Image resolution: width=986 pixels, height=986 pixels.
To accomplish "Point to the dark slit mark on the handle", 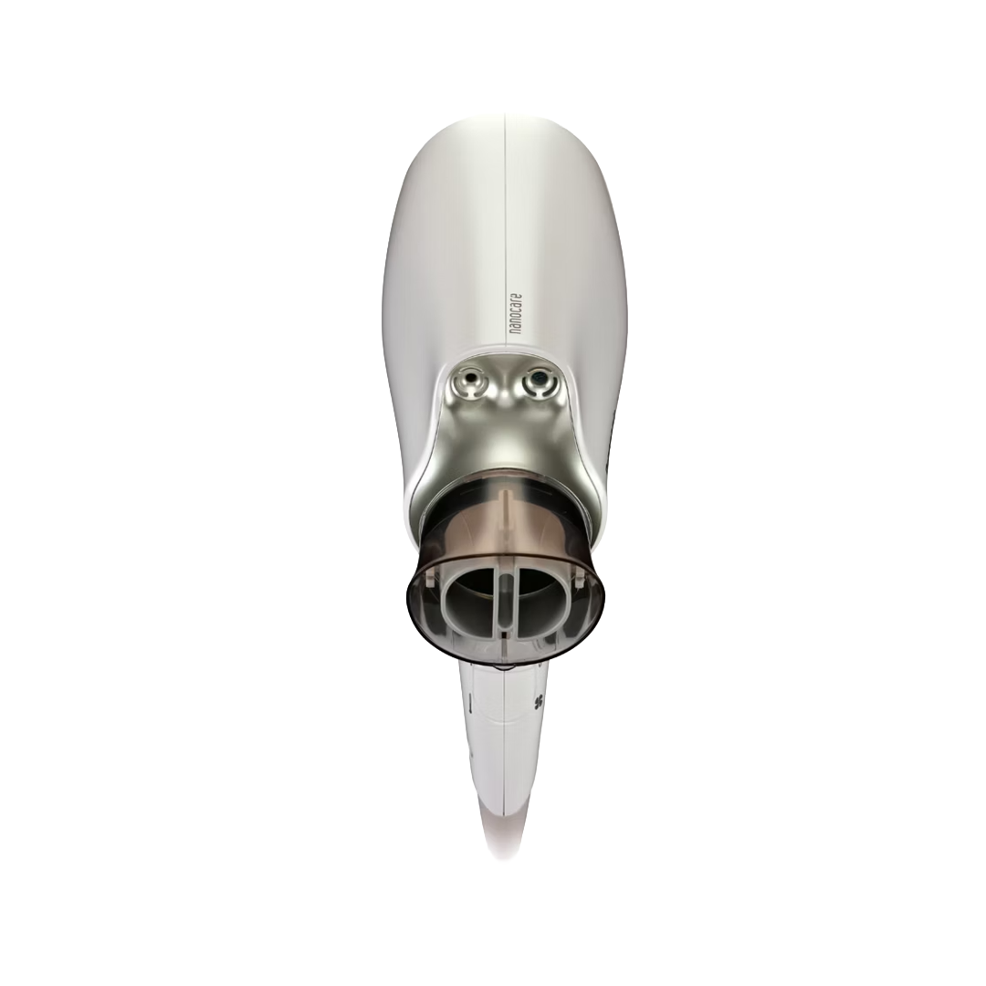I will [470, 704].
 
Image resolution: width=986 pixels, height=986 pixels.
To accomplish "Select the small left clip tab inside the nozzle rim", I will [430, 577].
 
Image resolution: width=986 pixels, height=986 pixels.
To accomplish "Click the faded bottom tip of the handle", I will [503, 844].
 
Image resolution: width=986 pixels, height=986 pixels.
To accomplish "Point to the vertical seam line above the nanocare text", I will [505, 201].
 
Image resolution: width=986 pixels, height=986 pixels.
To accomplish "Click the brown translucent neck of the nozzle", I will [505, 520].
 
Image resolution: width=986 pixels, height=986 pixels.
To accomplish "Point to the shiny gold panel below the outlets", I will [505, 438].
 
